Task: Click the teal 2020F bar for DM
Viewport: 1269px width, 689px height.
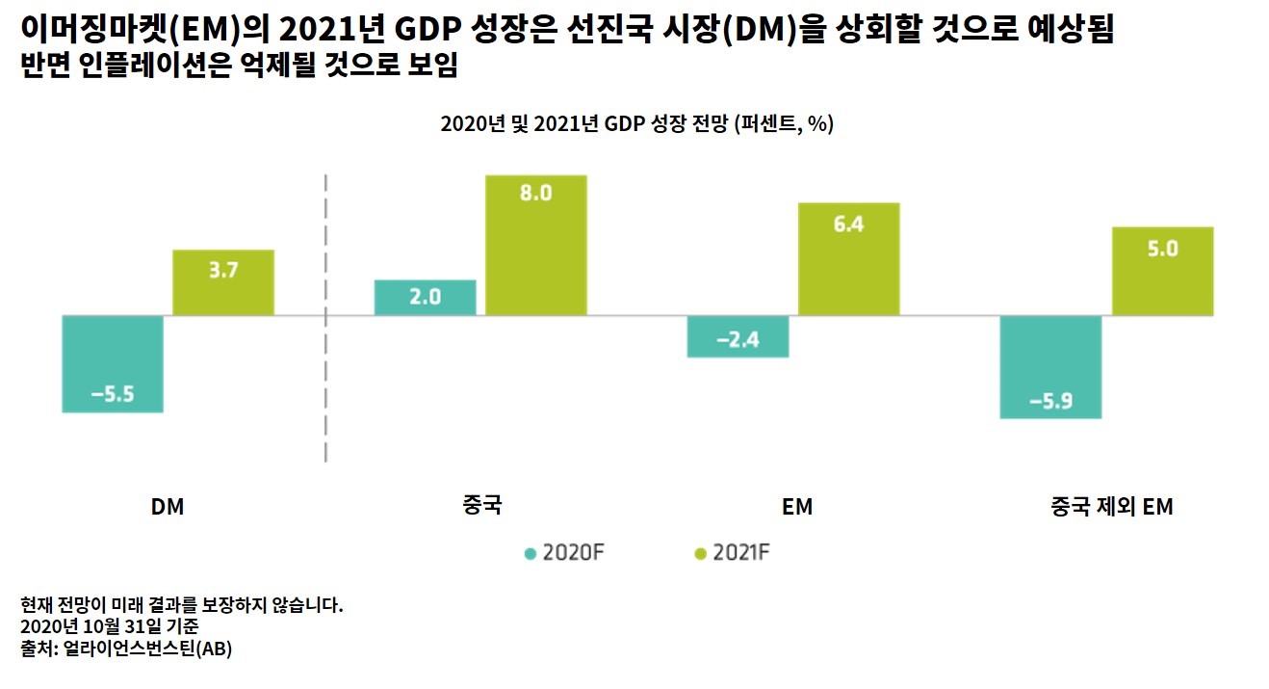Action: click(112, 363)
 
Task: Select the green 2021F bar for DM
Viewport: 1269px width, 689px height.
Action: click(222, 282)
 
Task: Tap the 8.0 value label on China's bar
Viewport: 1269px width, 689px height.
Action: click(535, 192)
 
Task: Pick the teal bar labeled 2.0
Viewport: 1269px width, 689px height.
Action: click(425, 297)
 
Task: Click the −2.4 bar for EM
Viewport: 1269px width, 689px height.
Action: click(738, 336)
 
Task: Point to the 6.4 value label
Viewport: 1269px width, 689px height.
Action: click(848, 224)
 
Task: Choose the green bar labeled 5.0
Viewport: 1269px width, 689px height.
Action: click(1162, 271)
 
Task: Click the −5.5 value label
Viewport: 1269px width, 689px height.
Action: click(112, 393)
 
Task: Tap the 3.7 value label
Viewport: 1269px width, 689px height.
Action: click(222, 271)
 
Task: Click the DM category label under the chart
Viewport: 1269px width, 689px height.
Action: click(168, 507)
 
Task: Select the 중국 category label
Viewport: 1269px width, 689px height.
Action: click(480, 506)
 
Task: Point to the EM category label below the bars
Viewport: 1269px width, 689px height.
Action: click(797, 507)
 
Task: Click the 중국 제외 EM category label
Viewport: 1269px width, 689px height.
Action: click(1111, 507)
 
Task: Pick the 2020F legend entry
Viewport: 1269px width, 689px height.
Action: click(565, 553)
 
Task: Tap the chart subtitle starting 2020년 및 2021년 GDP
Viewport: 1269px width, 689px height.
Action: click(636, 125)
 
